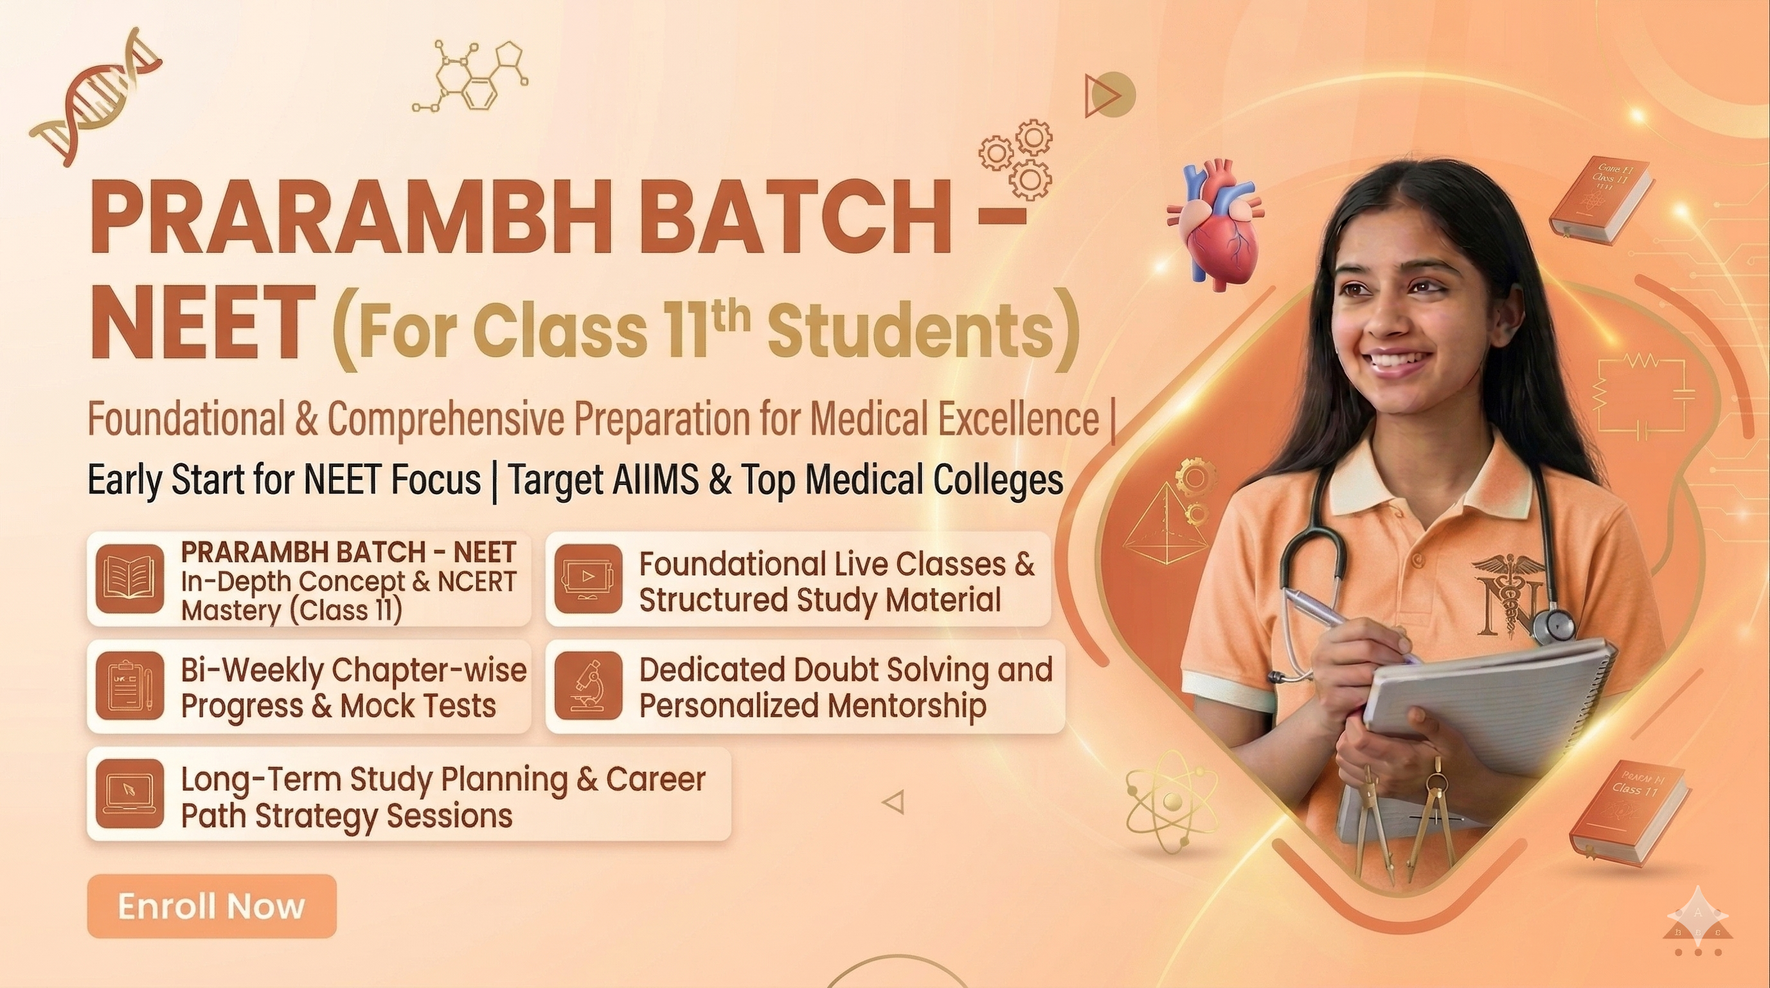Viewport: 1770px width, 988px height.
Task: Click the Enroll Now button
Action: coord(211,906)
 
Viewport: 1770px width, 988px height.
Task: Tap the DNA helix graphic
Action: coord(97,102)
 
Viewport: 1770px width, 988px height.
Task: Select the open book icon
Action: coord(129,579)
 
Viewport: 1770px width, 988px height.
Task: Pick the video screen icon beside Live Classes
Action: coord(588,579)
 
